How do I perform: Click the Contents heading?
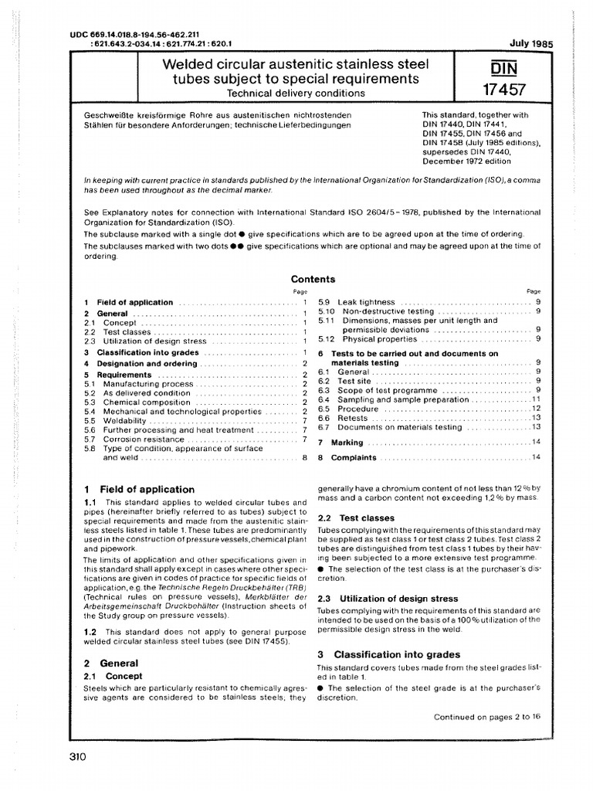313,279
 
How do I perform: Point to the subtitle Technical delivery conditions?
296,93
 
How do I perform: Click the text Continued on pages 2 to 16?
487,716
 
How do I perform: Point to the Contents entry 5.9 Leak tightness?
356,302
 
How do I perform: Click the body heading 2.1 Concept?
113,676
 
